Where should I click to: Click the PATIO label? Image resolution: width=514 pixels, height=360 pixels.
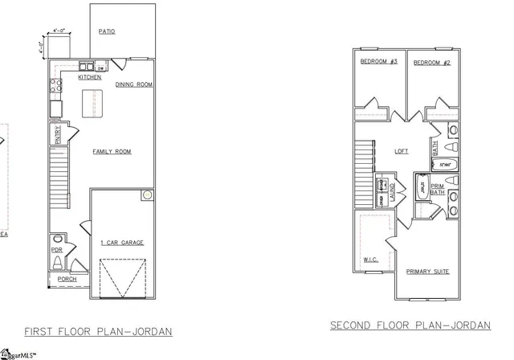pos(108,32)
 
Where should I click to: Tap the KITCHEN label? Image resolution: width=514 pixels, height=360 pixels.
pos(89,78)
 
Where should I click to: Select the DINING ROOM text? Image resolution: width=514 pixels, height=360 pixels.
pos(133,84)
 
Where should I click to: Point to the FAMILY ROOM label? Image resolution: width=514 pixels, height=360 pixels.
pos(112,151)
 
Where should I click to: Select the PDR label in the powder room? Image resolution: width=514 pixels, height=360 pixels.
pos(56,249)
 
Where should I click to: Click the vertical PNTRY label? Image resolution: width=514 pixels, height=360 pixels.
pos(57,135)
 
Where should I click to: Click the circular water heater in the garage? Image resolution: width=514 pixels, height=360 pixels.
pos(148,195)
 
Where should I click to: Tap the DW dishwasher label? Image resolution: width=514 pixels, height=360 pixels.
pos(103,68)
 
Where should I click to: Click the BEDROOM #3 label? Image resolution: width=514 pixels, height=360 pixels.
pos(379,62)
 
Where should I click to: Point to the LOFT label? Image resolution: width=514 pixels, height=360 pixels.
pos(402,150)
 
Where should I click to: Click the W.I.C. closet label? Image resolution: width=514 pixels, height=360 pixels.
pos(370,260)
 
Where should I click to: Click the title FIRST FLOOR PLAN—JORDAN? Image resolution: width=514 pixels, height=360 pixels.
pos(98,331)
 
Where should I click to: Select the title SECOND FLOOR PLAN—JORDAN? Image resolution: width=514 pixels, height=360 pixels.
pos(410,325)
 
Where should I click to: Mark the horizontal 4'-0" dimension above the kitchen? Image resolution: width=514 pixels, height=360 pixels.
pos(59,30)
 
